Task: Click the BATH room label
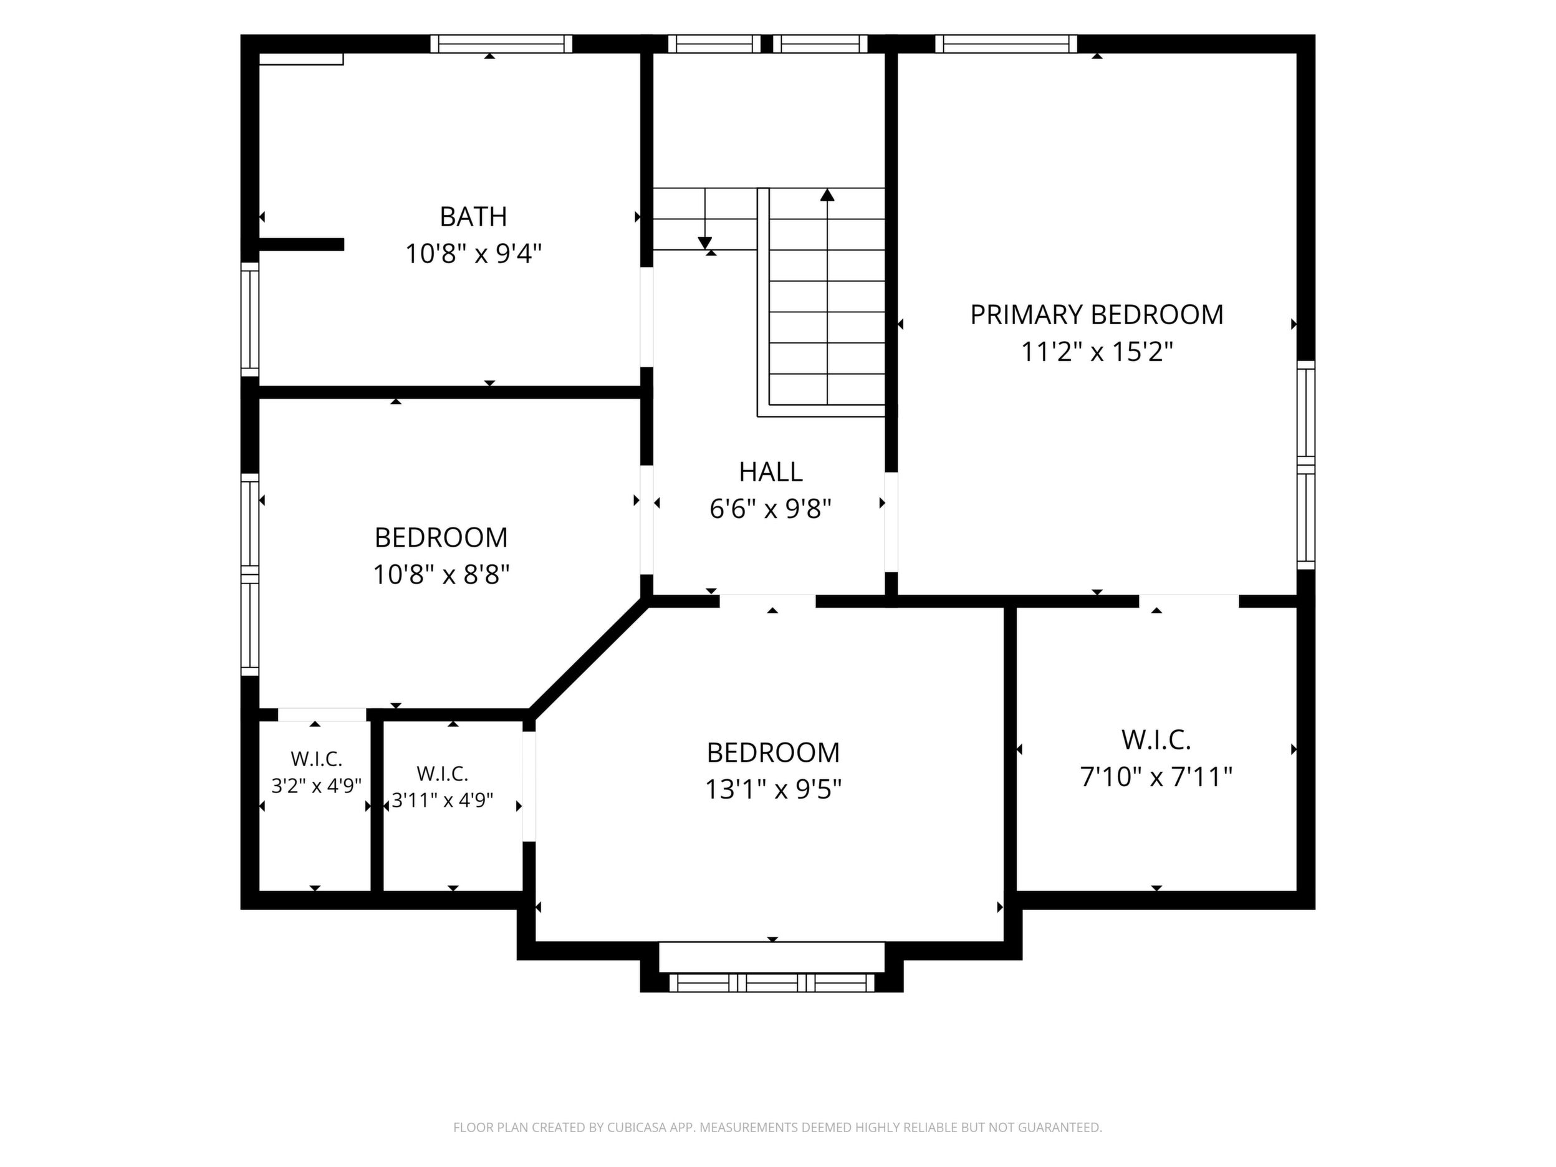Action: (473, 217)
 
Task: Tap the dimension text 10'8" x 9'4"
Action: (473, 253)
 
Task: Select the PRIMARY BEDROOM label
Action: (1097, 314)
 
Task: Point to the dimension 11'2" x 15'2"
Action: (1097, 351)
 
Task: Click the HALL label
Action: (771, 472)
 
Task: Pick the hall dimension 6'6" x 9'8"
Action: (771, 509)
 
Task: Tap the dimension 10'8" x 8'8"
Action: (441, 575)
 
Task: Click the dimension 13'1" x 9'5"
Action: (773, 790)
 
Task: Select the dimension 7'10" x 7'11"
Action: (1156, 777)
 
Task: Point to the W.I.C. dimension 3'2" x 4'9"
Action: (317, 785)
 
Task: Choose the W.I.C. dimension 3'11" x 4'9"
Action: (443, 800)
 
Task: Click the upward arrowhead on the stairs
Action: (827, 195)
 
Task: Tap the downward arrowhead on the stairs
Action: (705, 243)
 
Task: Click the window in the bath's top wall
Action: (502, 44)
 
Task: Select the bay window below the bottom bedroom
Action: (771, 982)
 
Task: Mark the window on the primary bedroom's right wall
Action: (1305, 465)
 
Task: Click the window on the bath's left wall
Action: (250, 319)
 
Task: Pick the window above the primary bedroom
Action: (1006, 44)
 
